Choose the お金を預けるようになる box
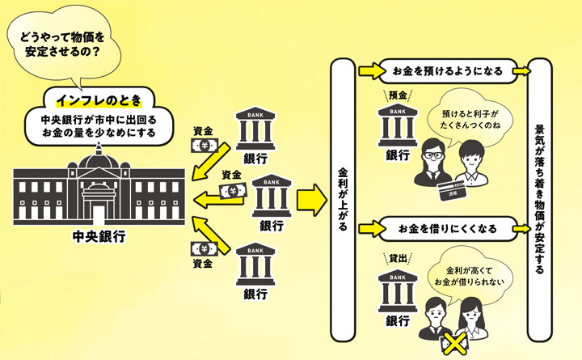point(447,71)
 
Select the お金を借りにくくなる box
point(447,229)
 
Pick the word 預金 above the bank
point(395,95)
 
